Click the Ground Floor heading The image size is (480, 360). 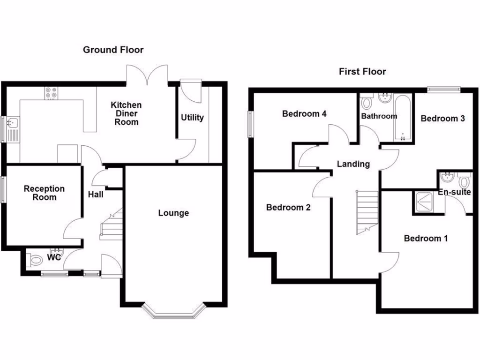(x=113, y=50)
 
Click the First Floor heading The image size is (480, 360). (x=362, y=72)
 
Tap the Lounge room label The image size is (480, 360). (x=173, y=213)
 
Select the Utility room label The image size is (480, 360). (x=192, y=117)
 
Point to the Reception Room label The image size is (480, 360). (x=44, y=193)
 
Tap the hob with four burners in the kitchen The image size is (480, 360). (x=51, y=94)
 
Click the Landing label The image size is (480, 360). (x=353, y=164)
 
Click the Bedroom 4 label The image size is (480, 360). (x=304, y=113)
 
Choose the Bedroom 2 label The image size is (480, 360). (x=288, y=207)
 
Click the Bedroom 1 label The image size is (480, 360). (x=426, y=239)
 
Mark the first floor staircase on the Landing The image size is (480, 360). (x=366, y=211)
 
